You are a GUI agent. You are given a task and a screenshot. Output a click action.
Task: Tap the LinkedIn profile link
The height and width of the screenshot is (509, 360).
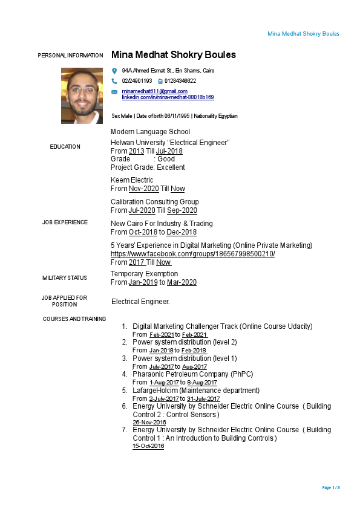pyautogui.click(x=168, y=97)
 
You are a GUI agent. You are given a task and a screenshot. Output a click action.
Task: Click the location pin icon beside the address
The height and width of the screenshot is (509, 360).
pyautogui.click(x=114, y=71)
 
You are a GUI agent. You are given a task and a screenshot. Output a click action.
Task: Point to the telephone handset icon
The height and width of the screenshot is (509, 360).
pyautogui.click(x=114, y=81)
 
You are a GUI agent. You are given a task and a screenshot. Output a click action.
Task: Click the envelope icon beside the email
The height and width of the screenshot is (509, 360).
pyautogui.click(x=114, y=92)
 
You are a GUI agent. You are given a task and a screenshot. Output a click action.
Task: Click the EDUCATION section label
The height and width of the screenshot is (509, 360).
pyautogui.click(x=65, y=147)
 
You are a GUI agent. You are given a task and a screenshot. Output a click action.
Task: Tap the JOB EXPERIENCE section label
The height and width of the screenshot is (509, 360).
pyautogui.click(x=65, y=222)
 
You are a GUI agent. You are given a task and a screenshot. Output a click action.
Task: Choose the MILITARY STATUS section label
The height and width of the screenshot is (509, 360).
pyautogui.click(x=65, y=278)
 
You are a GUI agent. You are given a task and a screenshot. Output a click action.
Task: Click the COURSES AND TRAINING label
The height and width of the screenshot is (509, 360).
pyautogui.click(x=74, y=319)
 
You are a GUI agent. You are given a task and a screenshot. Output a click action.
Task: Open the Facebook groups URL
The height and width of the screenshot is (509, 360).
pyautogui.click(x=192, y=254)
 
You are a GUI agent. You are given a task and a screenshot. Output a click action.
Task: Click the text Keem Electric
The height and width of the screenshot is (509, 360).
pyautogui.click(x=132, y=180)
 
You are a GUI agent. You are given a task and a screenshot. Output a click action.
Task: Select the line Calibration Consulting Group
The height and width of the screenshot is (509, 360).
pyautogui.click(x=154, y=202)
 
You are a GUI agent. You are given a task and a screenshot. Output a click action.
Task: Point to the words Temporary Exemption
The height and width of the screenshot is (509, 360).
pyautogui.click(x=144, y=274)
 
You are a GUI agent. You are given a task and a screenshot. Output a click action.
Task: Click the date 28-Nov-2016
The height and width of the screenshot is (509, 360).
pyautogui.click(x=149, y=423)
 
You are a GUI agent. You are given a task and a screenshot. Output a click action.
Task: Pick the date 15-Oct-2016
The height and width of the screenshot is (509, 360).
pyautogui.click(x=148, y=446)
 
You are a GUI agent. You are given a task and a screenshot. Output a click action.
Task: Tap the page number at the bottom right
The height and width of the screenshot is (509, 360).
pyautogui.click(x=331, y=487)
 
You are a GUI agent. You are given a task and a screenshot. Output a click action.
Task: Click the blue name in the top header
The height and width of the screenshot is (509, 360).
pyautogui.click(x=303, y=34)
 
